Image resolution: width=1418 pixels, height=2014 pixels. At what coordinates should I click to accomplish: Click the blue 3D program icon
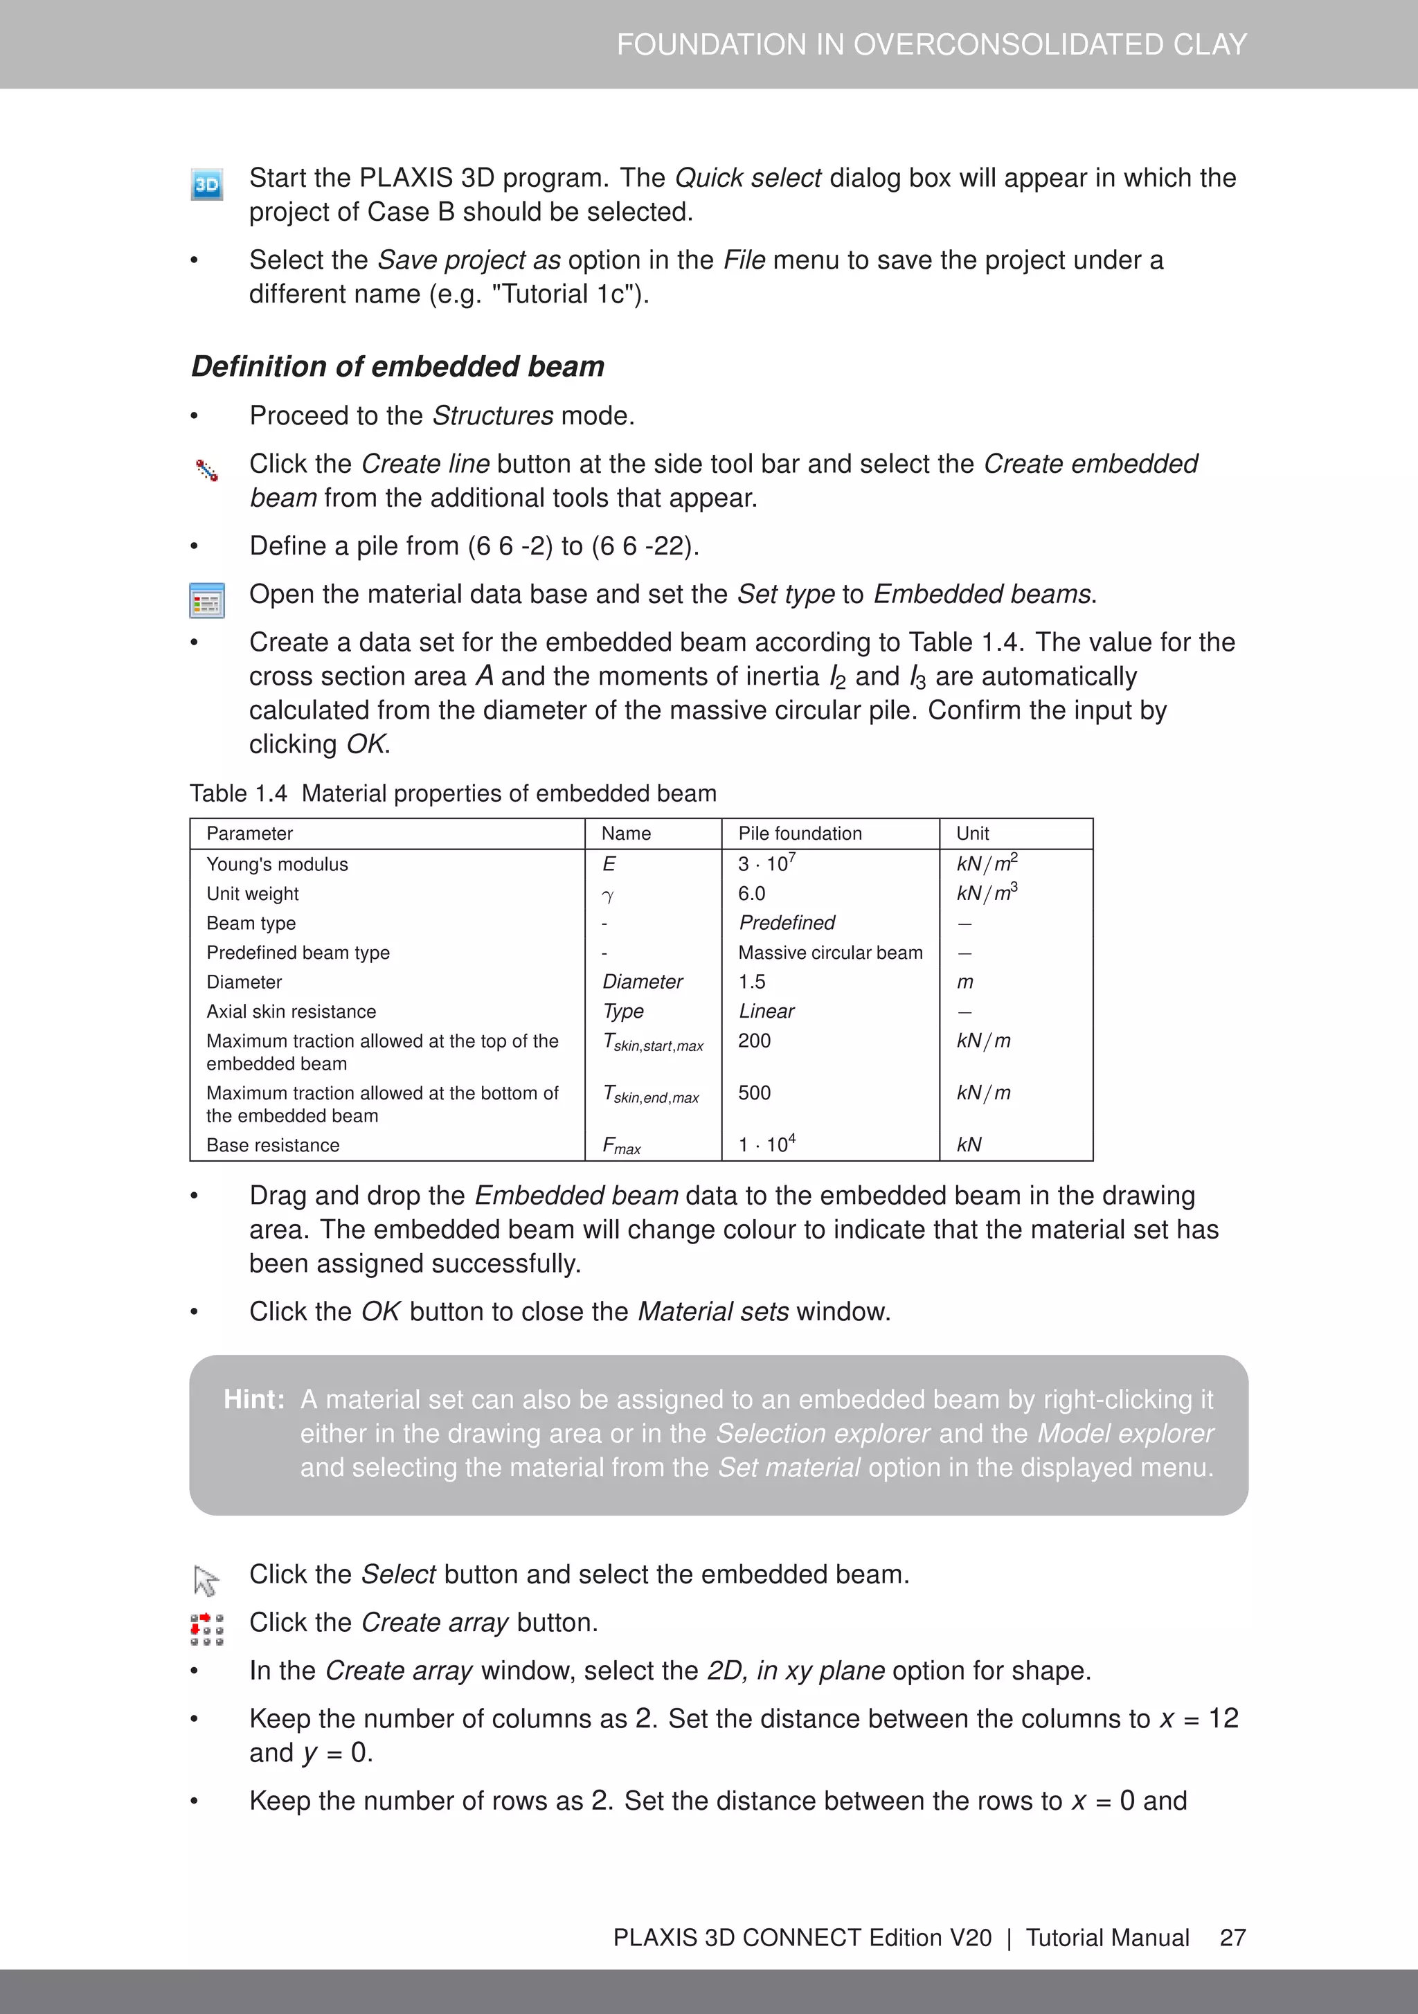click(207, 185)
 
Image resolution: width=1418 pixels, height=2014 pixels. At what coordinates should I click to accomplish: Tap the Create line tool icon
click(207, 471)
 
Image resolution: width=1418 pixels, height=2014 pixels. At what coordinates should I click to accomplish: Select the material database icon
click(207, 601)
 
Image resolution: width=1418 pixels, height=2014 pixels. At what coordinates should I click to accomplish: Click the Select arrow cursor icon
click(206, 1581)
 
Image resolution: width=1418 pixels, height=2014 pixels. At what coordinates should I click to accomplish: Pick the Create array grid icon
click(207, 1629)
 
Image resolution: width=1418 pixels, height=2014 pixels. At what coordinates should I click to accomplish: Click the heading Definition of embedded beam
click(397, 367)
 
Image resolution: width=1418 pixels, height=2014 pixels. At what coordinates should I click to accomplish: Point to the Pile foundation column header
click(800, 834)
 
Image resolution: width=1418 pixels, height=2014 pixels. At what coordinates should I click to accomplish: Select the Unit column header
click(972, 834)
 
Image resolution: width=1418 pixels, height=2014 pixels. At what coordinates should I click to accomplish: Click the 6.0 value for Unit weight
click(751, 894)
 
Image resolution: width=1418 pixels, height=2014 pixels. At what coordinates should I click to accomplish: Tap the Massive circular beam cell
click(830, 953)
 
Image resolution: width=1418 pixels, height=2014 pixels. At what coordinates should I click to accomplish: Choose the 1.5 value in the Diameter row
click(751, 982)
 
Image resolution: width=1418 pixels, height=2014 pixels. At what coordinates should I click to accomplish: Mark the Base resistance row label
click(273, 1146)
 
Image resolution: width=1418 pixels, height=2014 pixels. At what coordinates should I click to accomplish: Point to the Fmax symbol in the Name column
click(621, 1146)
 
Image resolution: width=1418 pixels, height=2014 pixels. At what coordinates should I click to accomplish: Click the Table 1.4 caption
click(453, 794)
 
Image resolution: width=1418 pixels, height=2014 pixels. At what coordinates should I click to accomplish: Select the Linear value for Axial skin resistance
click(766, 1012)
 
